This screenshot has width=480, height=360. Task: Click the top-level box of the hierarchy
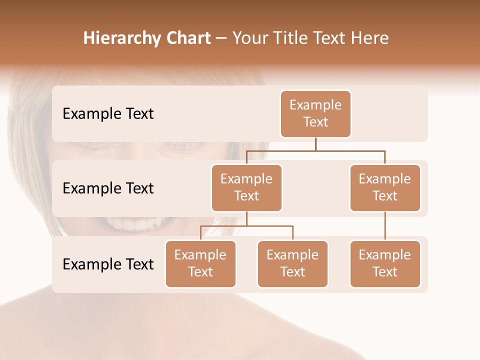tap(315, 114)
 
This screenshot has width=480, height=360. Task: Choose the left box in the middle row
tap(246, 187)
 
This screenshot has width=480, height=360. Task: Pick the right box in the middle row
tap(385, 187)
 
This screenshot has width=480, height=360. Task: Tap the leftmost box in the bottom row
tap(200, 263)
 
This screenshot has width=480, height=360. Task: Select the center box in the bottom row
tap(292, 263)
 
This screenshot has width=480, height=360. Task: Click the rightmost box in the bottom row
tap(385, 263)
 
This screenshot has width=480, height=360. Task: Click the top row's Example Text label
tap(108, 114)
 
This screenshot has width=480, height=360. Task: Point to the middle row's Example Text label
tap(108, 188)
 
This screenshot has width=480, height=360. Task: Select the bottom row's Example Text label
tap(108, 264)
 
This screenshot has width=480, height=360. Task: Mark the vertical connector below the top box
tap(315, 144)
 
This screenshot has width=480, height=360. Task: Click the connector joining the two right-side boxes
tap(385, 226)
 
